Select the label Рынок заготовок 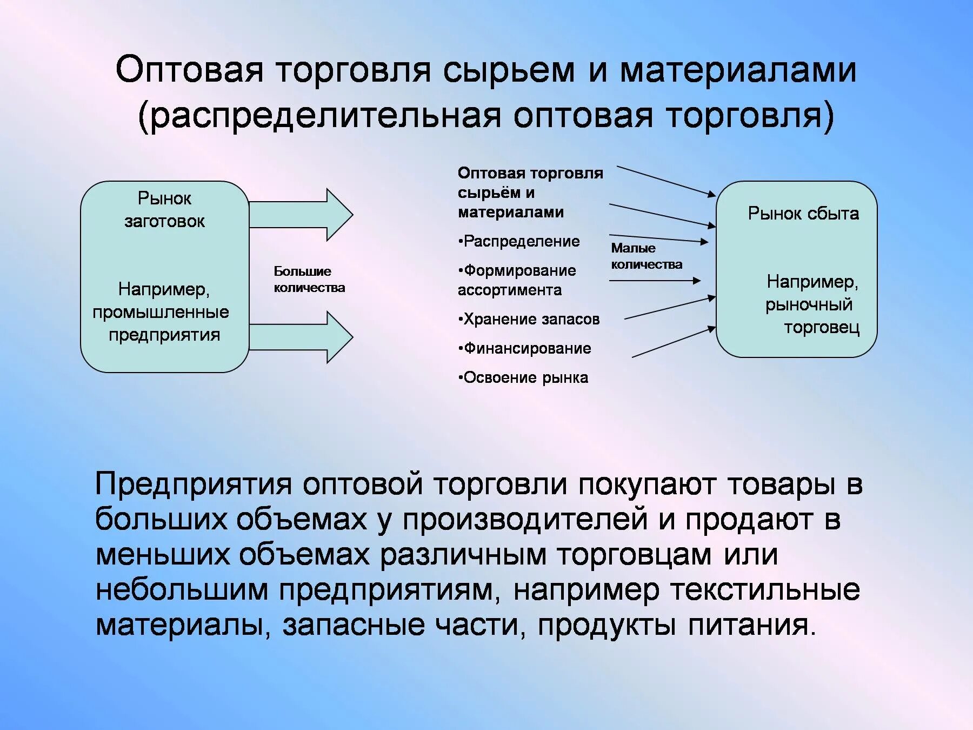pos(164,210)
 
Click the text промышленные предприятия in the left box pos(162,323)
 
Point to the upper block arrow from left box pos(301,215)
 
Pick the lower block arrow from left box pos(301,337)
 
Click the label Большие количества pos(309,280)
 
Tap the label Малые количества pos(646,256)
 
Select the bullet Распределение pos(519,241)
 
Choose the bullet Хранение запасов pos(529,319)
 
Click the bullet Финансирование pos(525,348)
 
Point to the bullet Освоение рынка pos(523,377)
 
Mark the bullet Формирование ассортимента pos(516,280)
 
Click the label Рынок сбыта pos(803,214)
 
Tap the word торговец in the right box pos(821,327)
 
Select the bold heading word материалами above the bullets pos(511,213)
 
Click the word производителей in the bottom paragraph pos(525,520)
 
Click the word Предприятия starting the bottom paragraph pos(194,484)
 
